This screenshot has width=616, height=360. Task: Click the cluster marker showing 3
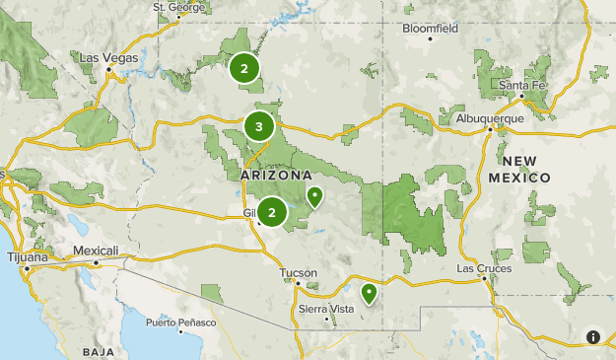[258, 126]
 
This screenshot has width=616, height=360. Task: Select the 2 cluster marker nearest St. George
[243, 69]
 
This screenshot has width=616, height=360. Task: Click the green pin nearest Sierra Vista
[369, 293]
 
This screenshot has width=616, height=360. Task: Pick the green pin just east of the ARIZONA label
[314, 196]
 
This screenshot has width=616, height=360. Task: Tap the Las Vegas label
[108, 58]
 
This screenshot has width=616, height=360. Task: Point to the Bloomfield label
[430, 29]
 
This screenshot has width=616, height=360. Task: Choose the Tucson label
[298, 272]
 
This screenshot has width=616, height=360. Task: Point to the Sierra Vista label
[325, 310]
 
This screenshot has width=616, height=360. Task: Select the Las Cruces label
[480, 268]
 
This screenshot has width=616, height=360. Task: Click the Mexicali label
[97, 251]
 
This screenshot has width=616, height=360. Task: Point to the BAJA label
[99, 352]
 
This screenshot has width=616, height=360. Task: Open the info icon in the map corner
[592, 336]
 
